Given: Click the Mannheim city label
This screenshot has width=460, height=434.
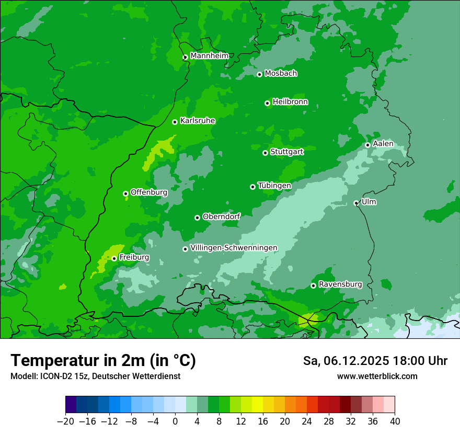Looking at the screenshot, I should [209, 56].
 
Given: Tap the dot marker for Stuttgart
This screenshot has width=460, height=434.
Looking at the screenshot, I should [265, 153].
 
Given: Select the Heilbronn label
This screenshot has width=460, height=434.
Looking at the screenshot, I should [290, 102].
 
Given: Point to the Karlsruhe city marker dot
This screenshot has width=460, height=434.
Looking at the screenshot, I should [175, 122].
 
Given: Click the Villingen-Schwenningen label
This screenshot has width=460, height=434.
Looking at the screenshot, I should [234, 248].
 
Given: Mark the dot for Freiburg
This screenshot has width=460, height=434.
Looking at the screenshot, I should [114, 258].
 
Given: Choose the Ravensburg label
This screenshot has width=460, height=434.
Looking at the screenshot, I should [340, 284].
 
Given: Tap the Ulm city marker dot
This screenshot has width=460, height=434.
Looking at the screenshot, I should [356, 203].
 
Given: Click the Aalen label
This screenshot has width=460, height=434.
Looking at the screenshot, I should [383, 144].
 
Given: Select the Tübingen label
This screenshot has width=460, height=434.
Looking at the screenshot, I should [274, 186].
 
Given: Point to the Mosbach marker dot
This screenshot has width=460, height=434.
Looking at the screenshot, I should [259, 74].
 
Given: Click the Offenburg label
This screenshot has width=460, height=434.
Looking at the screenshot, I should [148, 192].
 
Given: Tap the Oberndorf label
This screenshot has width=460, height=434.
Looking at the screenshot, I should [221, 216].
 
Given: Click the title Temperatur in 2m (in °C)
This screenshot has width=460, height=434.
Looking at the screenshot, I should [103, 360].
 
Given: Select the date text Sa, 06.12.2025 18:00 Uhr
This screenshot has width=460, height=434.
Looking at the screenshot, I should [375, 361].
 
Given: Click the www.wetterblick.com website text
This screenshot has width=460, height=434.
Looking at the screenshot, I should [377, 376].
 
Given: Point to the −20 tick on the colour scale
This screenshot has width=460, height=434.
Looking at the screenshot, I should [66, 421].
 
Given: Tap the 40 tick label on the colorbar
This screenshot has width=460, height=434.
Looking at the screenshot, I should [395, 421].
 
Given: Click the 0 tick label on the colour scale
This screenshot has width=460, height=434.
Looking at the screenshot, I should [175, 421].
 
